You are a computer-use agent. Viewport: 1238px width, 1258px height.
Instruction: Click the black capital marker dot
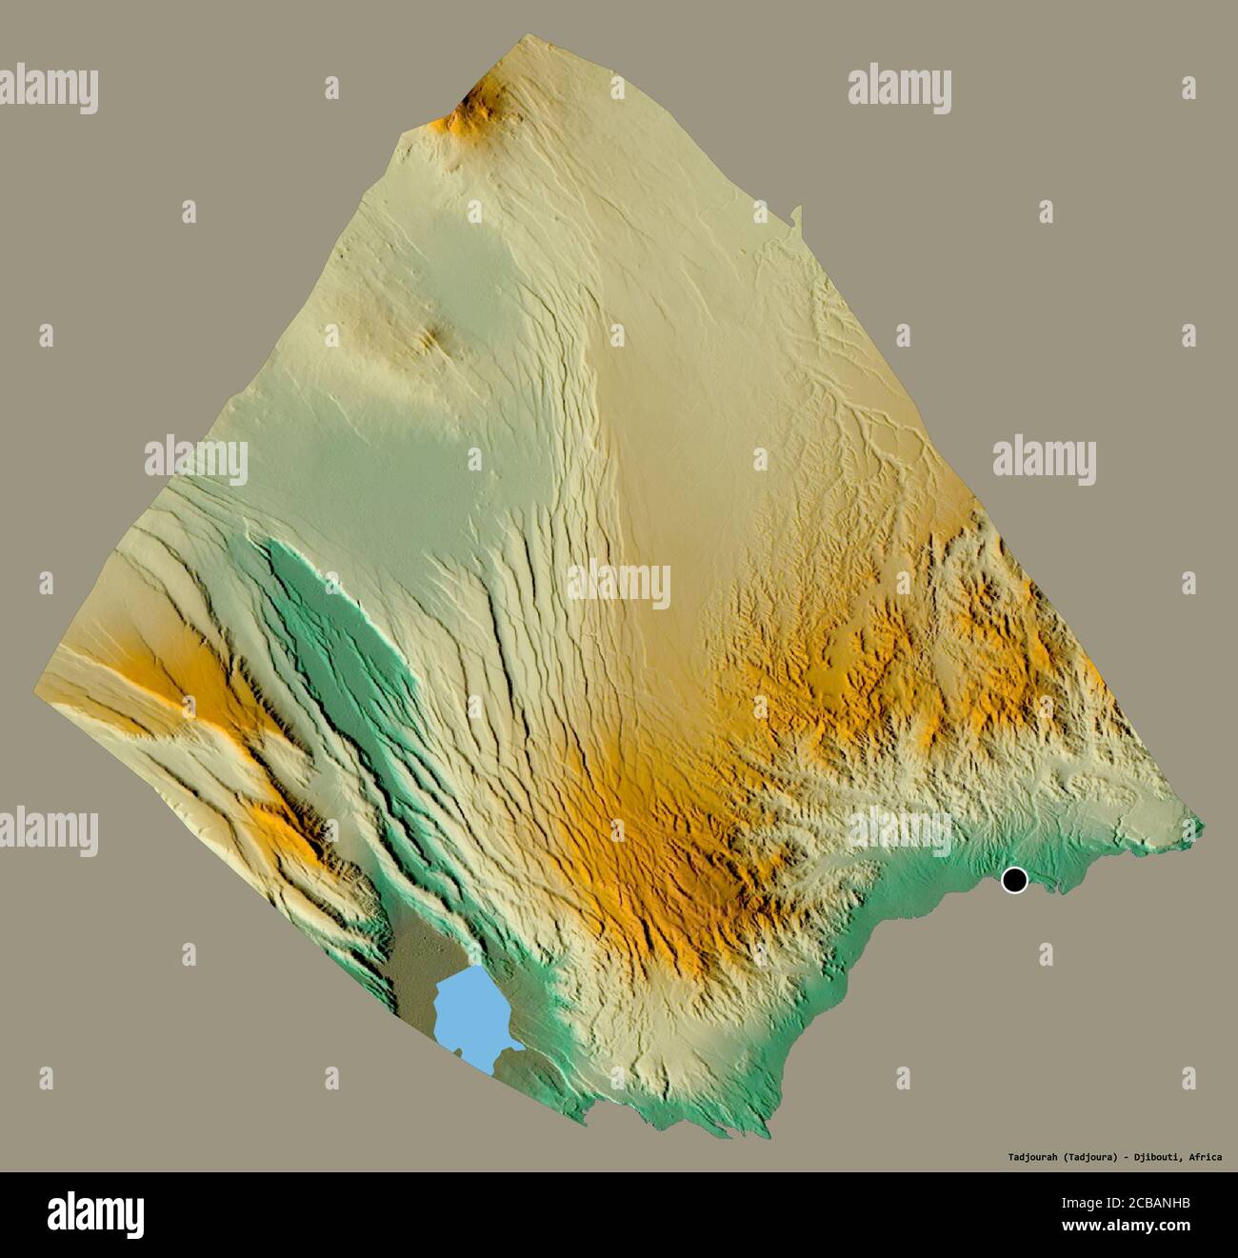pos(1015,880)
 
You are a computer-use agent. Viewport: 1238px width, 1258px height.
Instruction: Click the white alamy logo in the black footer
pos(95,1214)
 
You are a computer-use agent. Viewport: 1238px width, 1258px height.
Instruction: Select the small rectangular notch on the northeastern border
pos(795,219)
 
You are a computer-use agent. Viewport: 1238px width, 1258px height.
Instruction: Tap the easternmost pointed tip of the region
pos(1202,826)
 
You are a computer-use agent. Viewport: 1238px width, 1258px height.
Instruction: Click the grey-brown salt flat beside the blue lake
pos(414,962)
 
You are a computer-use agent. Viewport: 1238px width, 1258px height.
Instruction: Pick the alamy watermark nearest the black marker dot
pos(899,827)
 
